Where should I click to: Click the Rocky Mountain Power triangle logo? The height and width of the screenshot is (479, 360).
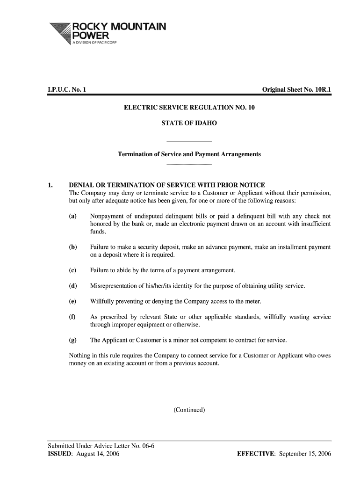58,33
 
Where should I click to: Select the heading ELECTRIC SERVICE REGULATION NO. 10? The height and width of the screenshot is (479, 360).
189,108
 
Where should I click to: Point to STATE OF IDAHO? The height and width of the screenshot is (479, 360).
189,123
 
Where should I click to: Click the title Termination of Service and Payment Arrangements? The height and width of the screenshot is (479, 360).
189,154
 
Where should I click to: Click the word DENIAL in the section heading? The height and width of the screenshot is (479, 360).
82,185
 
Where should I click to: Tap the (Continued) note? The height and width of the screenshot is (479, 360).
189,410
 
